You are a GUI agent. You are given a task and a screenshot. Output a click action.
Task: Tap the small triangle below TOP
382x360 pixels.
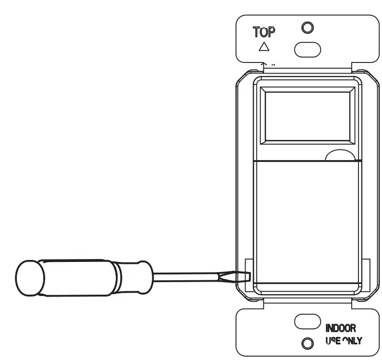coord(263,47)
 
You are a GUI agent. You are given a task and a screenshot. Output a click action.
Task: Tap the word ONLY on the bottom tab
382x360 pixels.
coord(351,342)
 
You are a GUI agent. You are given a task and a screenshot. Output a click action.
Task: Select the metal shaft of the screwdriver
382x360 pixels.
coord(192,277)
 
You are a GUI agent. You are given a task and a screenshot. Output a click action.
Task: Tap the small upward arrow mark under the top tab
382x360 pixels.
coord(263,62)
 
